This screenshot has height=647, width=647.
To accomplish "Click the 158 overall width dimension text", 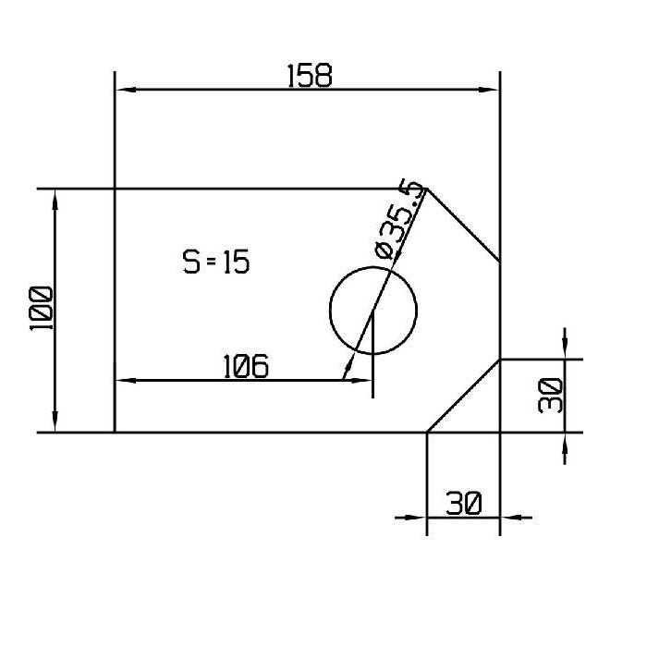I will tap(309, 75).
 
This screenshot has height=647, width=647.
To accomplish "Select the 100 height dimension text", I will tap(41, 309).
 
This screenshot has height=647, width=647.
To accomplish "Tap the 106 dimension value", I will tap(246, 367).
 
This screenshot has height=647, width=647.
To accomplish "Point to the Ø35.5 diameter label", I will tap(400, 220).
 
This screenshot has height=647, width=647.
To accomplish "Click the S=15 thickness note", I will tap(215, 262).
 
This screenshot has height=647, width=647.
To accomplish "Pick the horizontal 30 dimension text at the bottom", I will tap(463, 504).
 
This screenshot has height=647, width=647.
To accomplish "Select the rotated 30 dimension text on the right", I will tap(550, 396).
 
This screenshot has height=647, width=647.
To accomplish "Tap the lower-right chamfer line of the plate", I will tap(464, 395).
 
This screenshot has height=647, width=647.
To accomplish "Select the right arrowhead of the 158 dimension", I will tap(490, 90).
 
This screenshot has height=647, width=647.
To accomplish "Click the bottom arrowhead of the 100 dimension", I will tap(56, 423).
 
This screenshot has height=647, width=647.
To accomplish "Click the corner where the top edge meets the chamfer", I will tap(427, 189).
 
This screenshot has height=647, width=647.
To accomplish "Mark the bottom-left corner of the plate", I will tap(114, 432).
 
